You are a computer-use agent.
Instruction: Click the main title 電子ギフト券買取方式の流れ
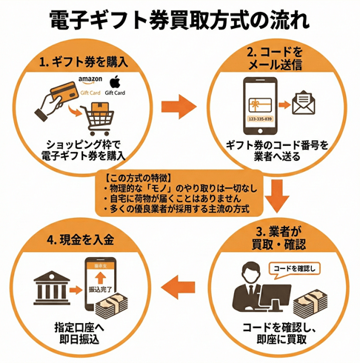click(180, 18)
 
